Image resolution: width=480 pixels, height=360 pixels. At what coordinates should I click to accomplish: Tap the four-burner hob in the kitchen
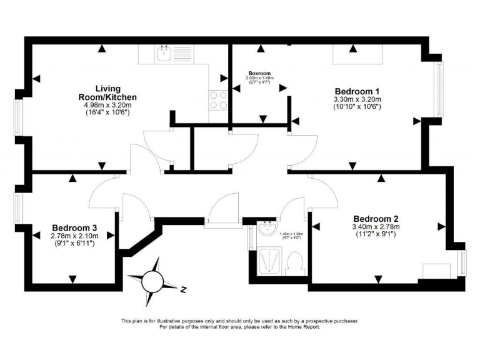click(x=217, y=100)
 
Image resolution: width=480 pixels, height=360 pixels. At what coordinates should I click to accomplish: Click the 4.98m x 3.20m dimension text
click(x=107, y=106)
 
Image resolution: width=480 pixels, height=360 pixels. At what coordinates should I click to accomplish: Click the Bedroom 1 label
click(x=357, y=91)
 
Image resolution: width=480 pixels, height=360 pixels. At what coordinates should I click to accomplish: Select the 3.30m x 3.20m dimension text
click(x=357, y=99)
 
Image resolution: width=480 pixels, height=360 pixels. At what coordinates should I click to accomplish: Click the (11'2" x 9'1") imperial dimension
click(x=376, y=235)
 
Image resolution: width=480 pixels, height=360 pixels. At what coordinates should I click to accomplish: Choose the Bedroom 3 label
click(x=74, y=227)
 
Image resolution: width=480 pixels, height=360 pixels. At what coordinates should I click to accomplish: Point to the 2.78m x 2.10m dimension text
click(x=74, y=236)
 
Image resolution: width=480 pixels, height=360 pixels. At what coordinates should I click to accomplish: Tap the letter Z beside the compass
click(x=184, y=289)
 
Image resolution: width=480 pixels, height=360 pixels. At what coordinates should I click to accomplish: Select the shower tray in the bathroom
click(x=270, y=262)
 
